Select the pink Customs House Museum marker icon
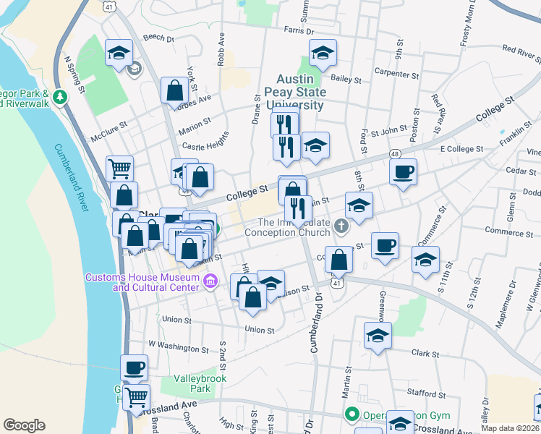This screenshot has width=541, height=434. click(210, 281)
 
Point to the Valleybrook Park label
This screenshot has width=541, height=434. click(200, 383)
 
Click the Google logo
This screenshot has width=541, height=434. click(24, 425)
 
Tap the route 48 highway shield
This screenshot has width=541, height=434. click(395, 154)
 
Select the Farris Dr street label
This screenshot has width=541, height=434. click(299, 31)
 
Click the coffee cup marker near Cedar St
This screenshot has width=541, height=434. click(403, 172)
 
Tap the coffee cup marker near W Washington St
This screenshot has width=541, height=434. click(134, 367)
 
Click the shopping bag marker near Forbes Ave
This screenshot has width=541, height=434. click(175, 91)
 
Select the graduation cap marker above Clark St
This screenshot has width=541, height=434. click(378, 336)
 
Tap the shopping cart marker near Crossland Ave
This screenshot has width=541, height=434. click(136, 396)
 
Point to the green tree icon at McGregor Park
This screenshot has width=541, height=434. click(60, 96)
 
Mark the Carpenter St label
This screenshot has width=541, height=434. click(396, 73)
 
